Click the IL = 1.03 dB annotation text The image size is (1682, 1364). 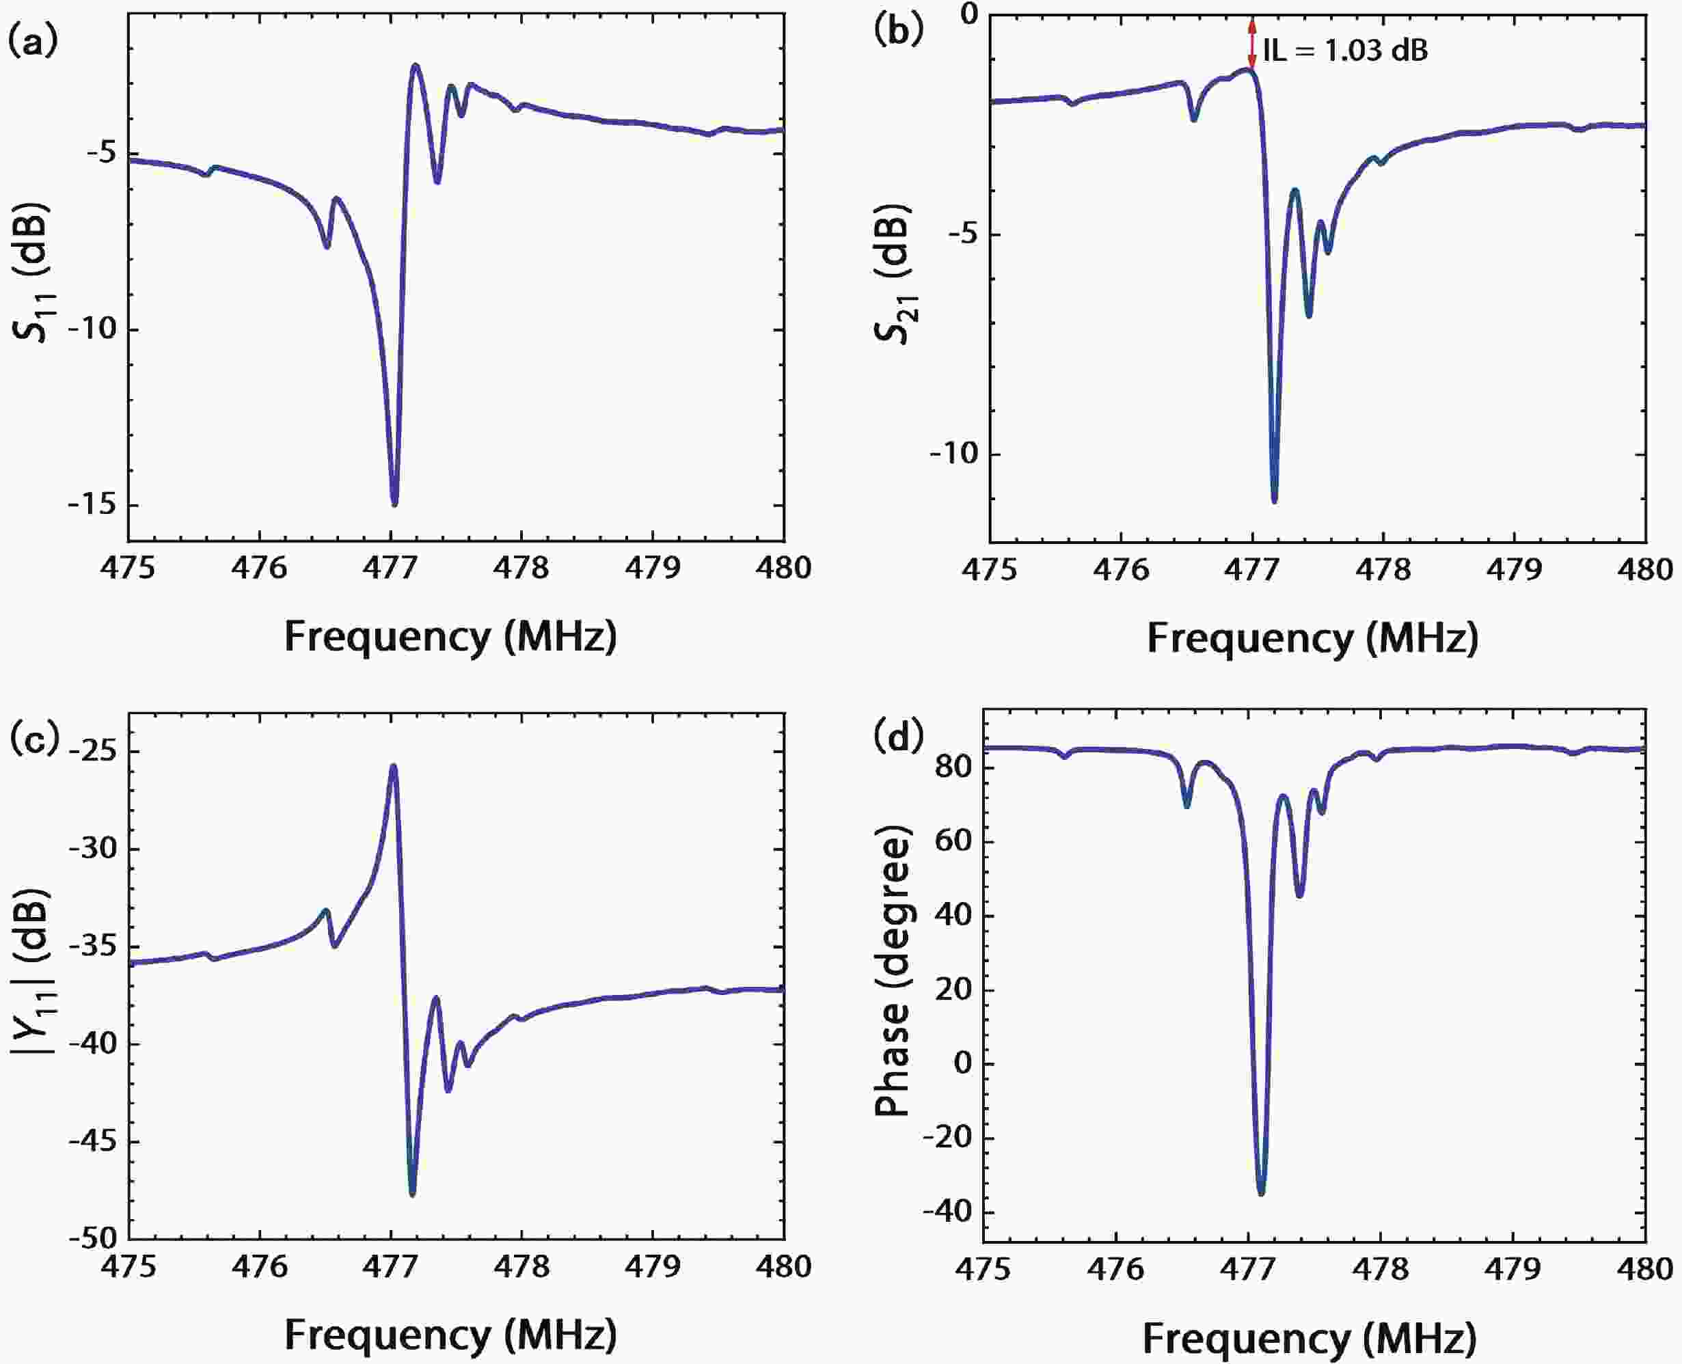(x=1345, y=51)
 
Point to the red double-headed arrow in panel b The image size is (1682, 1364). (x=1252, y=44)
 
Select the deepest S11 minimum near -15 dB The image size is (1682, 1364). (x=394, y=503)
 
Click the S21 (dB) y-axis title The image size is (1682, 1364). (x=893, y=275)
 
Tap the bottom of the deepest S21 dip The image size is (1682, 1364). (x=1274, y=500)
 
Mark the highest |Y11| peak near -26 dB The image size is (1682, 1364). (x=394, y=766)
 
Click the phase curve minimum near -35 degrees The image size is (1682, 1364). (x=1261, y=1192)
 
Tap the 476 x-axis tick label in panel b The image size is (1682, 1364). (x=1120, y=569)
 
